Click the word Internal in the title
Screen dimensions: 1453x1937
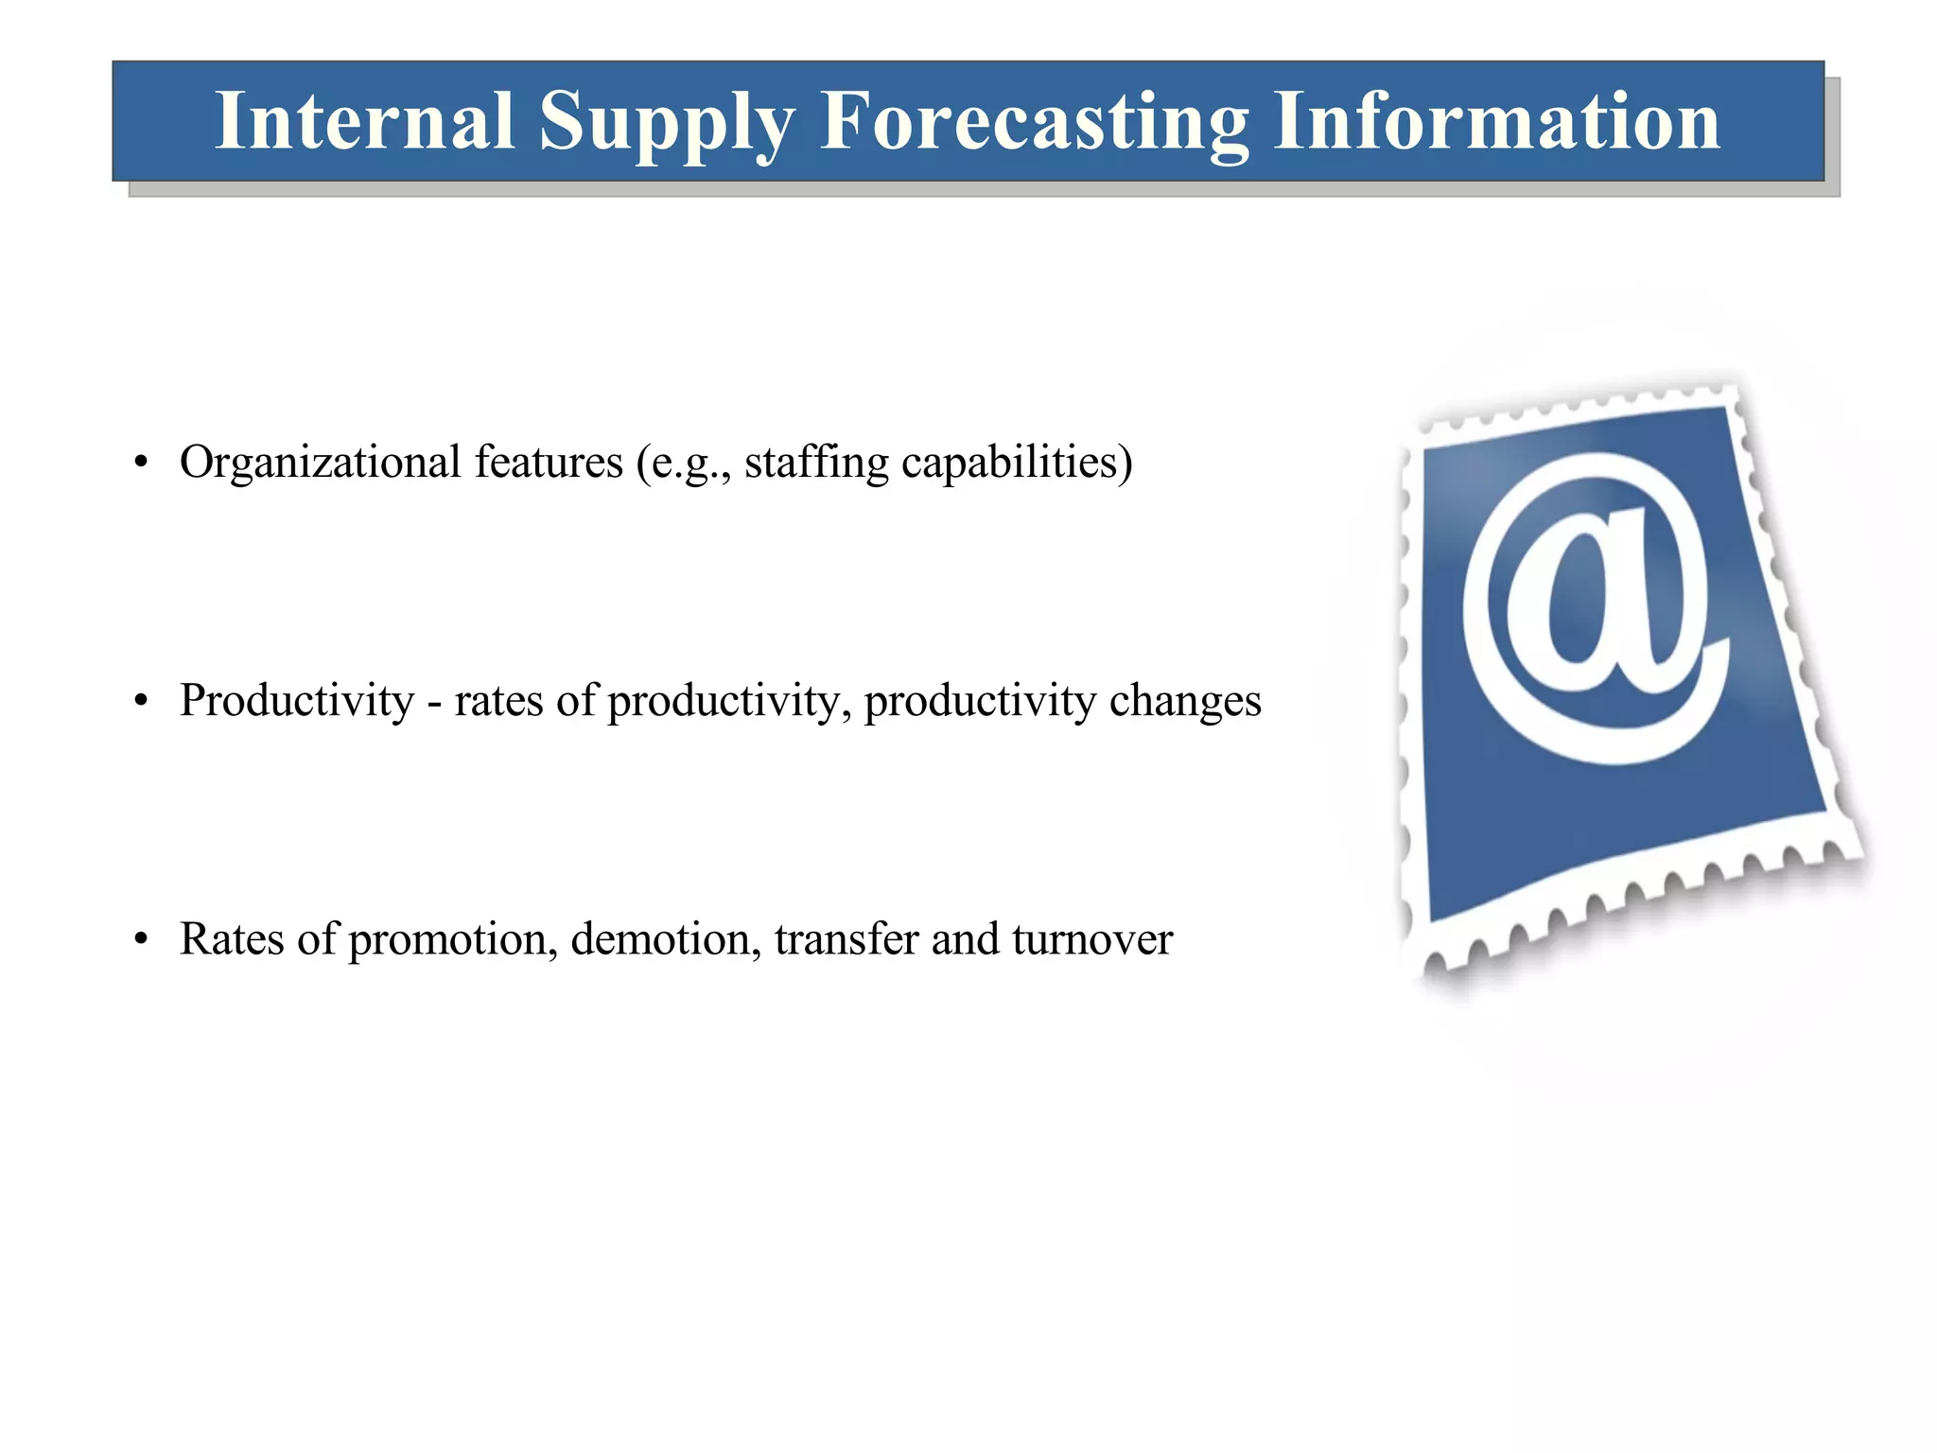click(x=364, y=121)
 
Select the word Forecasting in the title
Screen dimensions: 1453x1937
click(x=1034, y=123)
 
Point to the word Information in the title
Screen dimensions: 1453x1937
click(x=1496, y=121)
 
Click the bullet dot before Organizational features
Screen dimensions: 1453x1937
click(x=141, y=464)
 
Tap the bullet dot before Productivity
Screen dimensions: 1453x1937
click(x=141, y=702)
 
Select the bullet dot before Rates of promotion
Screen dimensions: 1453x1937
click(x=141, y=940)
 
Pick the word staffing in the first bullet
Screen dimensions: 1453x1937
click(x=816, y=463)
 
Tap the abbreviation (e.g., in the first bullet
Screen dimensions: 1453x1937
click(x=684, y=464)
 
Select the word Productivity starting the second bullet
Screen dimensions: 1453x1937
click(x=297, y=702)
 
